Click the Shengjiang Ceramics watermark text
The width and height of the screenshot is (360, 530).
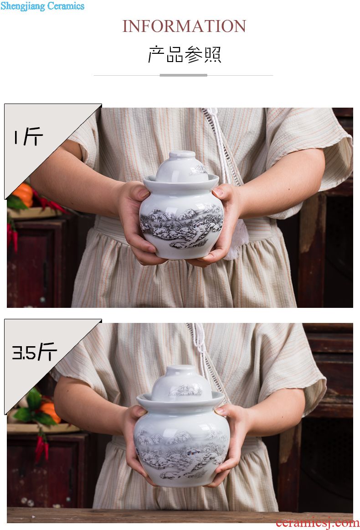click(42, 6)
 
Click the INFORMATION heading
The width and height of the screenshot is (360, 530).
click(184, 26)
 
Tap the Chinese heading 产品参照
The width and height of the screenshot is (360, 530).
click(185, 54)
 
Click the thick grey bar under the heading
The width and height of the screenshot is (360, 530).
click(183, 75)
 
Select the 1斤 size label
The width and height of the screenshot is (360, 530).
click(28, 136)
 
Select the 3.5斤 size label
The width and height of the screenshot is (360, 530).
click(34, 352)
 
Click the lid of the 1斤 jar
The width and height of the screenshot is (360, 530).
click(181, 166)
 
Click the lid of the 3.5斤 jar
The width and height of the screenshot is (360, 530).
click(181, 382)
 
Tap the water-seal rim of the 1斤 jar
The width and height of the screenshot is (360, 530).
click(181, 183)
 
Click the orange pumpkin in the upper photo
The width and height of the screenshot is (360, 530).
click(24, 195)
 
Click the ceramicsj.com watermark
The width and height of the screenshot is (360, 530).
click(317, 522)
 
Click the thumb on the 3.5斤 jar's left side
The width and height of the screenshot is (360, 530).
click(141, 412)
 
